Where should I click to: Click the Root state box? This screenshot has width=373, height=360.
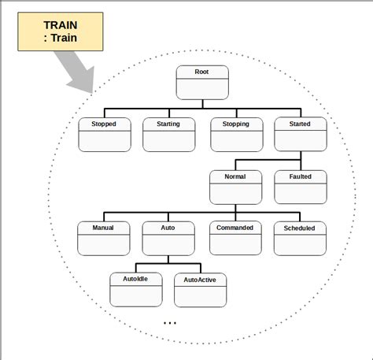pos(202,82)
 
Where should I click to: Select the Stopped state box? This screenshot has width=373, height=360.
pos(105,134)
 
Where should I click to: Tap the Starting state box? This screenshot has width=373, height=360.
pos(168,134)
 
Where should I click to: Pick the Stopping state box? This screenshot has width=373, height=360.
pos(236,134)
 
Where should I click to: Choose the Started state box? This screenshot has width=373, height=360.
pos(300,134)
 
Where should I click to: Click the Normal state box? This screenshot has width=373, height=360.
pos(235,187)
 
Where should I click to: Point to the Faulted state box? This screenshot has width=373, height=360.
pos(300,187)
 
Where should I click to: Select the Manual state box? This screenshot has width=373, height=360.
pos(104,238)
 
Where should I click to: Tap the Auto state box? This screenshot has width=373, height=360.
pos(168,238)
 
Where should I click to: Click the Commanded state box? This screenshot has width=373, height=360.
pos(235,238)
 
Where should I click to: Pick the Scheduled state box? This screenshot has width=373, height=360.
pos(300,238)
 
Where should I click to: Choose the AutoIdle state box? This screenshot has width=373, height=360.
pos(136,289)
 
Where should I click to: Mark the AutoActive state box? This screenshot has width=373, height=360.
pos(201,289)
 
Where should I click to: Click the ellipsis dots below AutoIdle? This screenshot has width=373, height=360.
pos(170,323)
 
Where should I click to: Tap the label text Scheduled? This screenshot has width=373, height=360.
pos(300,228)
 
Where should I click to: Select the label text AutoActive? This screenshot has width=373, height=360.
pos(201,280)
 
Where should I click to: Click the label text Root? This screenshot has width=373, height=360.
pos(202,72)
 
